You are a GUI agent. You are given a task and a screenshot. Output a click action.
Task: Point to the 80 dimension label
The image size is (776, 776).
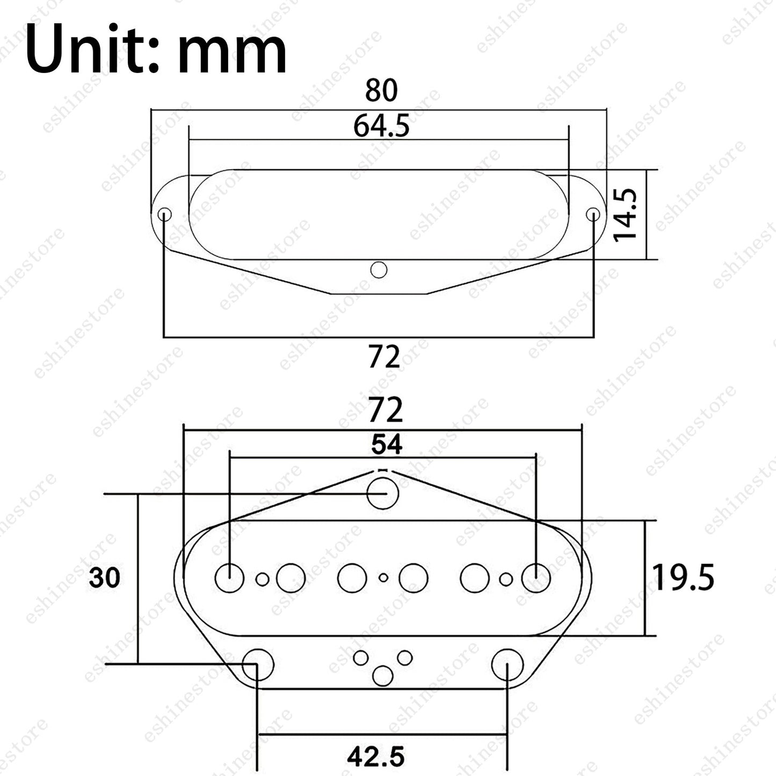tap(381, 90)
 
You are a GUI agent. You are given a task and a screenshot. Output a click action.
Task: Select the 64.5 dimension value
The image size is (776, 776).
tap(381, 126)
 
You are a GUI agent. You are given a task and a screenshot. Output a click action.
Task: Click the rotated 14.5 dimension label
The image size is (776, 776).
tap(626, 215)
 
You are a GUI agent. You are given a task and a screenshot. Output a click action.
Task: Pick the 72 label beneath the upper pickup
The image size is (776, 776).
tap(384, 357)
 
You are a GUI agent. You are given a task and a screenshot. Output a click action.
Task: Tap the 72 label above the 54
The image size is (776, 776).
tap(386, 410)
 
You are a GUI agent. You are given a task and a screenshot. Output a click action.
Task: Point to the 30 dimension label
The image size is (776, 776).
tap(104, 577)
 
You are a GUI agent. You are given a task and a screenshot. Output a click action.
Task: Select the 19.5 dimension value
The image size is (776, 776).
tap(683, 577)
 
